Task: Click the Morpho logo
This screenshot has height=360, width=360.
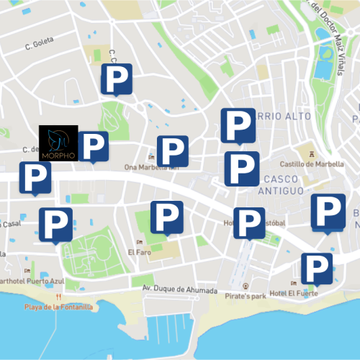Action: point(58,143)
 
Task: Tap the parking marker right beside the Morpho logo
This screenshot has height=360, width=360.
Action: point(94,146)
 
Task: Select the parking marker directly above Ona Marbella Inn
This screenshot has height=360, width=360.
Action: point(173,151)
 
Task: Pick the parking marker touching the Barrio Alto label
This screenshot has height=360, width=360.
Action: point(237,125)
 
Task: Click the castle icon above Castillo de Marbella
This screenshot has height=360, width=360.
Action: point(310,154)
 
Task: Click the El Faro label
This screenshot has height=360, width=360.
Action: point(138,253)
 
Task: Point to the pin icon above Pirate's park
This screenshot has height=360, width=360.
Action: point(246,286)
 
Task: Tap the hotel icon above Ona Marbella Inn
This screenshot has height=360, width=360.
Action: point(150,158)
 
